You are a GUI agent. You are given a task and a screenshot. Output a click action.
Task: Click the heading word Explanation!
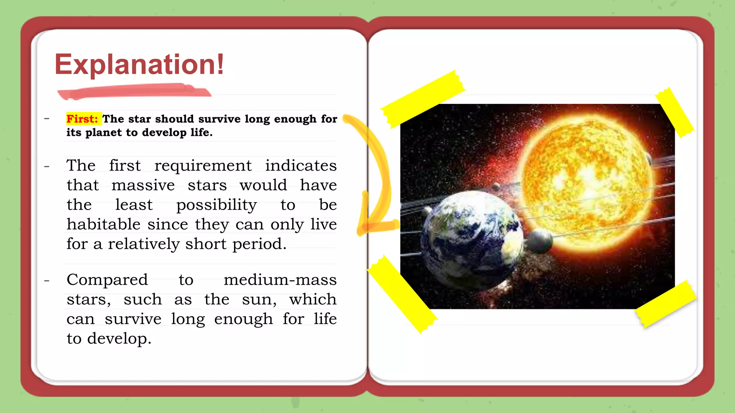pyautogui.click(x=139, y=65)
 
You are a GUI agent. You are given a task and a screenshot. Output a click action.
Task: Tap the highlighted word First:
pyautogui.click(x=83, y=119)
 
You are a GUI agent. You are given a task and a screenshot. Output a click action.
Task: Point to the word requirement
pyautogui.click(x=203, y=166)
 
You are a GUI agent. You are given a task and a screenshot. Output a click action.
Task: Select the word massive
pyautogui.click(x=143, y=185)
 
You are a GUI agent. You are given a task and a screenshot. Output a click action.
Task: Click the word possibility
pyautogui.click(x=216, y=205)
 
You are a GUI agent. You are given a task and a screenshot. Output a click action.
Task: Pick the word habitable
pyautogui.click(x=103, y=225)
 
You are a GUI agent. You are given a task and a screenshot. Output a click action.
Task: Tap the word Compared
pyautogui.click(x=107, y=280)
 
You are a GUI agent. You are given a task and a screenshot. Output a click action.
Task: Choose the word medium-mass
pyautogui.click(x=280, y=280)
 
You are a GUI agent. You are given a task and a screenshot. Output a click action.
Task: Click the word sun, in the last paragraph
pyautogui.click(x=259, y=299)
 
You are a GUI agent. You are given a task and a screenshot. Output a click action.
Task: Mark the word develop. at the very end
pyautogui.click(x=119, y=339)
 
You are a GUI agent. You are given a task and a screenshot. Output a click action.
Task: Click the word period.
pyautogui.click(x=259, y=245)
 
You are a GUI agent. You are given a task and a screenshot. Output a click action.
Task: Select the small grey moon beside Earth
pyautogui.click(x=538, y=242)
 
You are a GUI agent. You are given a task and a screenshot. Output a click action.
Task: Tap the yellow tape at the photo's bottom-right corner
pyautogui.click(x=666, y=303)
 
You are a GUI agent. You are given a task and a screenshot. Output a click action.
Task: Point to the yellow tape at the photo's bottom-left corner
pyautogui.click(x=402, y=294)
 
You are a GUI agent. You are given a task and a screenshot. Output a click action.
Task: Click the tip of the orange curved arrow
pyautogui.click(x=361, y=229)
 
